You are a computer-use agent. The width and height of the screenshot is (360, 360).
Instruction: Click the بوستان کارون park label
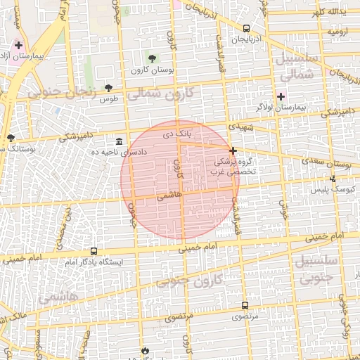tap(148, 70)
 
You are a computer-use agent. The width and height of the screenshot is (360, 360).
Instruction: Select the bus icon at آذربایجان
tap(245, 29)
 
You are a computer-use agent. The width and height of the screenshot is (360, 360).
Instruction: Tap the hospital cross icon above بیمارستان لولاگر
tap(281, 96)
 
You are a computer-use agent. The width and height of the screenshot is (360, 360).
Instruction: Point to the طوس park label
tap(108, 99)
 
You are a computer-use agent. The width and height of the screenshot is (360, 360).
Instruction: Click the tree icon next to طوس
tap(108, 88)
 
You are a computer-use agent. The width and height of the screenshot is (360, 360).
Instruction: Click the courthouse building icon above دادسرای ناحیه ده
tap(119, 141)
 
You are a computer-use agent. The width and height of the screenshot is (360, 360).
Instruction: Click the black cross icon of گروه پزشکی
tap(233, 150)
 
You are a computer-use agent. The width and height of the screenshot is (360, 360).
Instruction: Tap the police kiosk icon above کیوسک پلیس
tap(314, 179)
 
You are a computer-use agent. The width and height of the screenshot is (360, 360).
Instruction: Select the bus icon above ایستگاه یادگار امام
tap(94, 251)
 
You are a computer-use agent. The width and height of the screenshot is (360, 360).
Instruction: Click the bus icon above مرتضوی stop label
tap(245, 306)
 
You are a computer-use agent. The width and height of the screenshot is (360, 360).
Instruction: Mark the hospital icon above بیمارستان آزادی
tap(18, 45)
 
